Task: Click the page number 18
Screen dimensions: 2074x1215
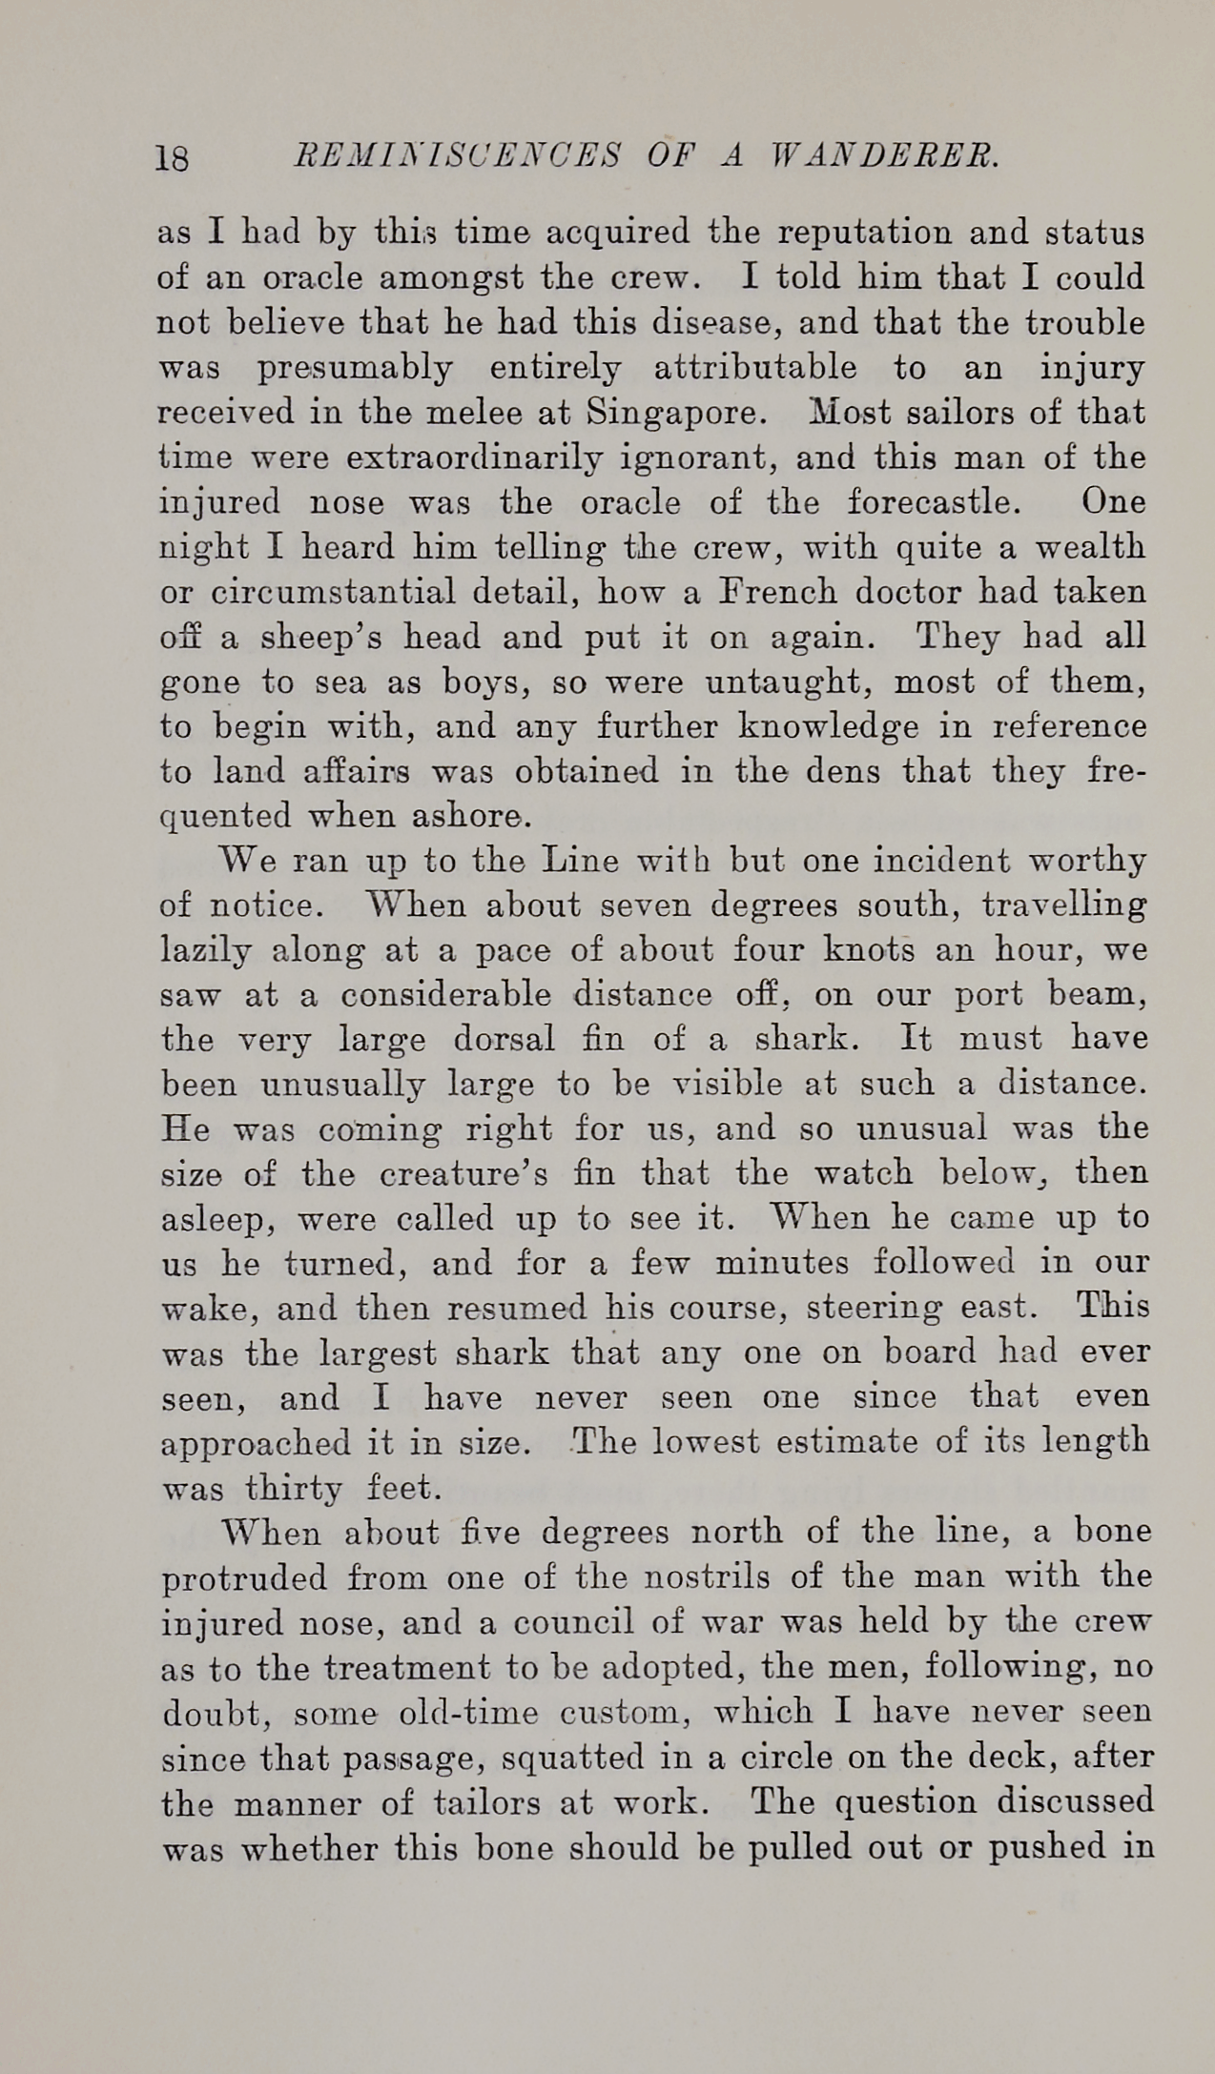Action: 173,157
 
